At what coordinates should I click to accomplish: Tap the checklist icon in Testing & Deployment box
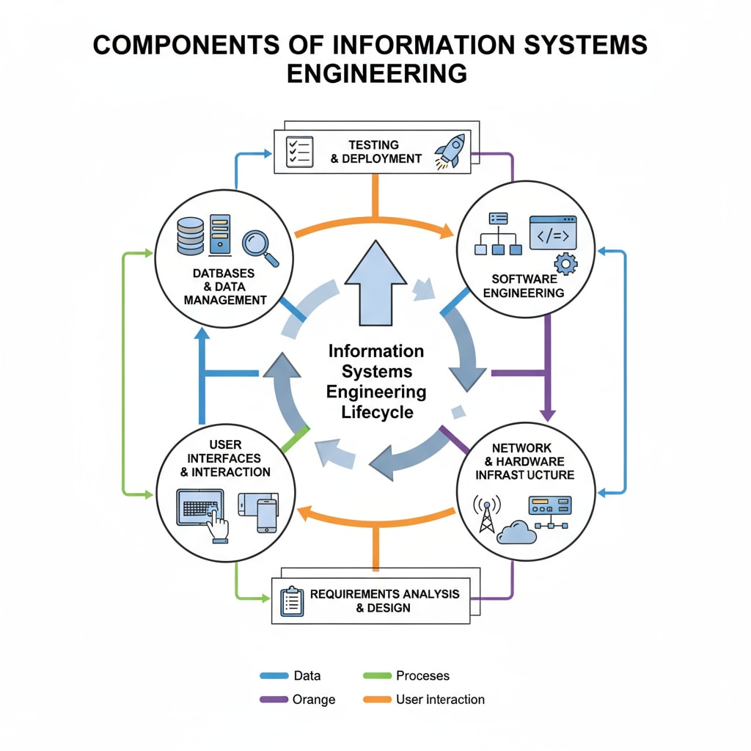(298, 152)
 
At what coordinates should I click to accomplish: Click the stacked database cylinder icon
(191, 235)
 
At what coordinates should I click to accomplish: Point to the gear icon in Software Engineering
(566, 263)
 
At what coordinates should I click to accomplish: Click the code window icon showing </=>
(553, 232)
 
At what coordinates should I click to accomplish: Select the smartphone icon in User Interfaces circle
(266, 515)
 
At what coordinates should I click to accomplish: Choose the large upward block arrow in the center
(375, 286)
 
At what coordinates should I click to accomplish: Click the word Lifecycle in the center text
(377, 411)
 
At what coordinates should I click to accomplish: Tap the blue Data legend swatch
(273, 676)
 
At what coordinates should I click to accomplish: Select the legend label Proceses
(422, 675)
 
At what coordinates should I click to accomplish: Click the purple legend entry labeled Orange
(314, 700)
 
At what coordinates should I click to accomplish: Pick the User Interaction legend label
(440, 700)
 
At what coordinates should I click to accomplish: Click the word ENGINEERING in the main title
(375, 74)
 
